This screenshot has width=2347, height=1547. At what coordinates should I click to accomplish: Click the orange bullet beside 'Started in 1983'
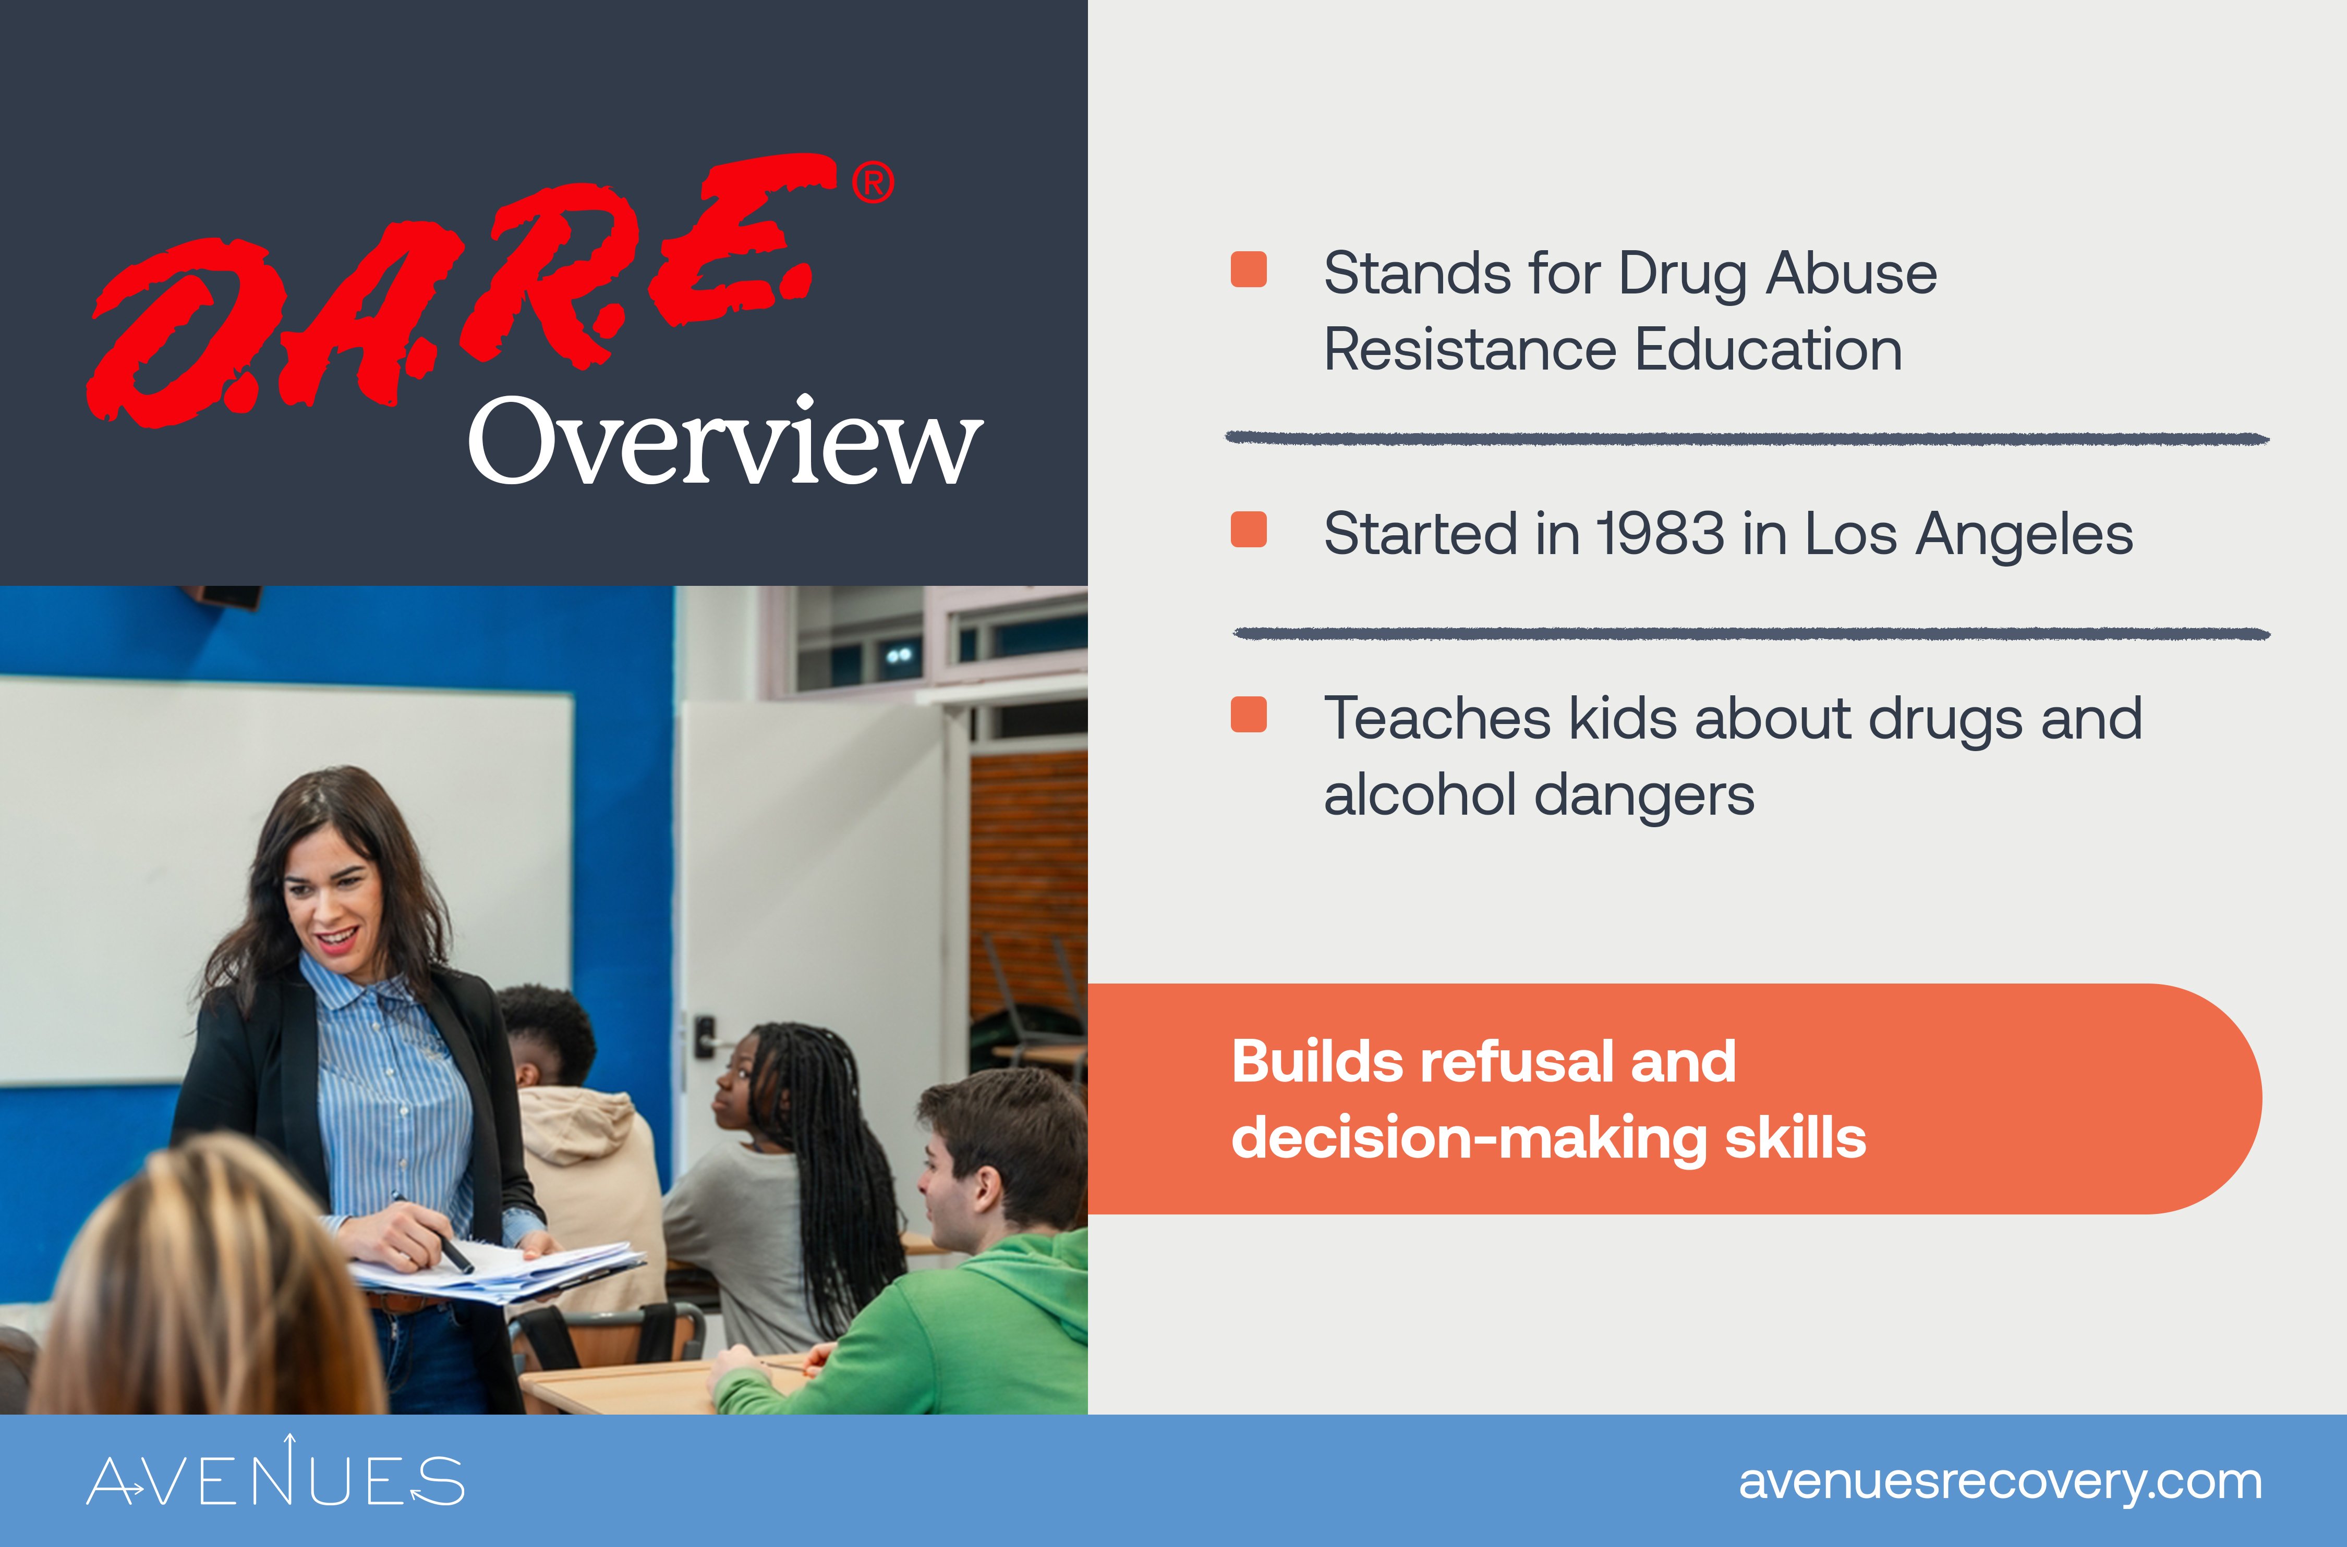click(x=1249, y=530)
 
